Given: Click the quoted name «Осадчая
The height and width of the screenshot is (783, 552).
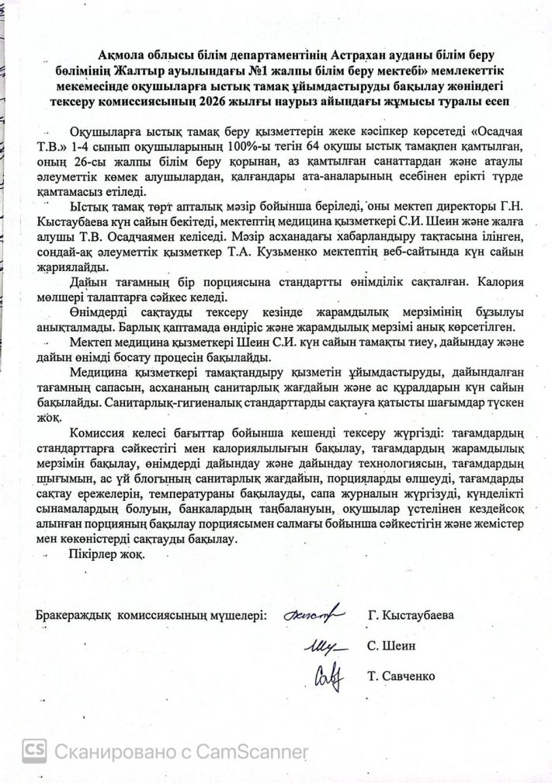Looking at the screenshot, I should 488,132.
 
